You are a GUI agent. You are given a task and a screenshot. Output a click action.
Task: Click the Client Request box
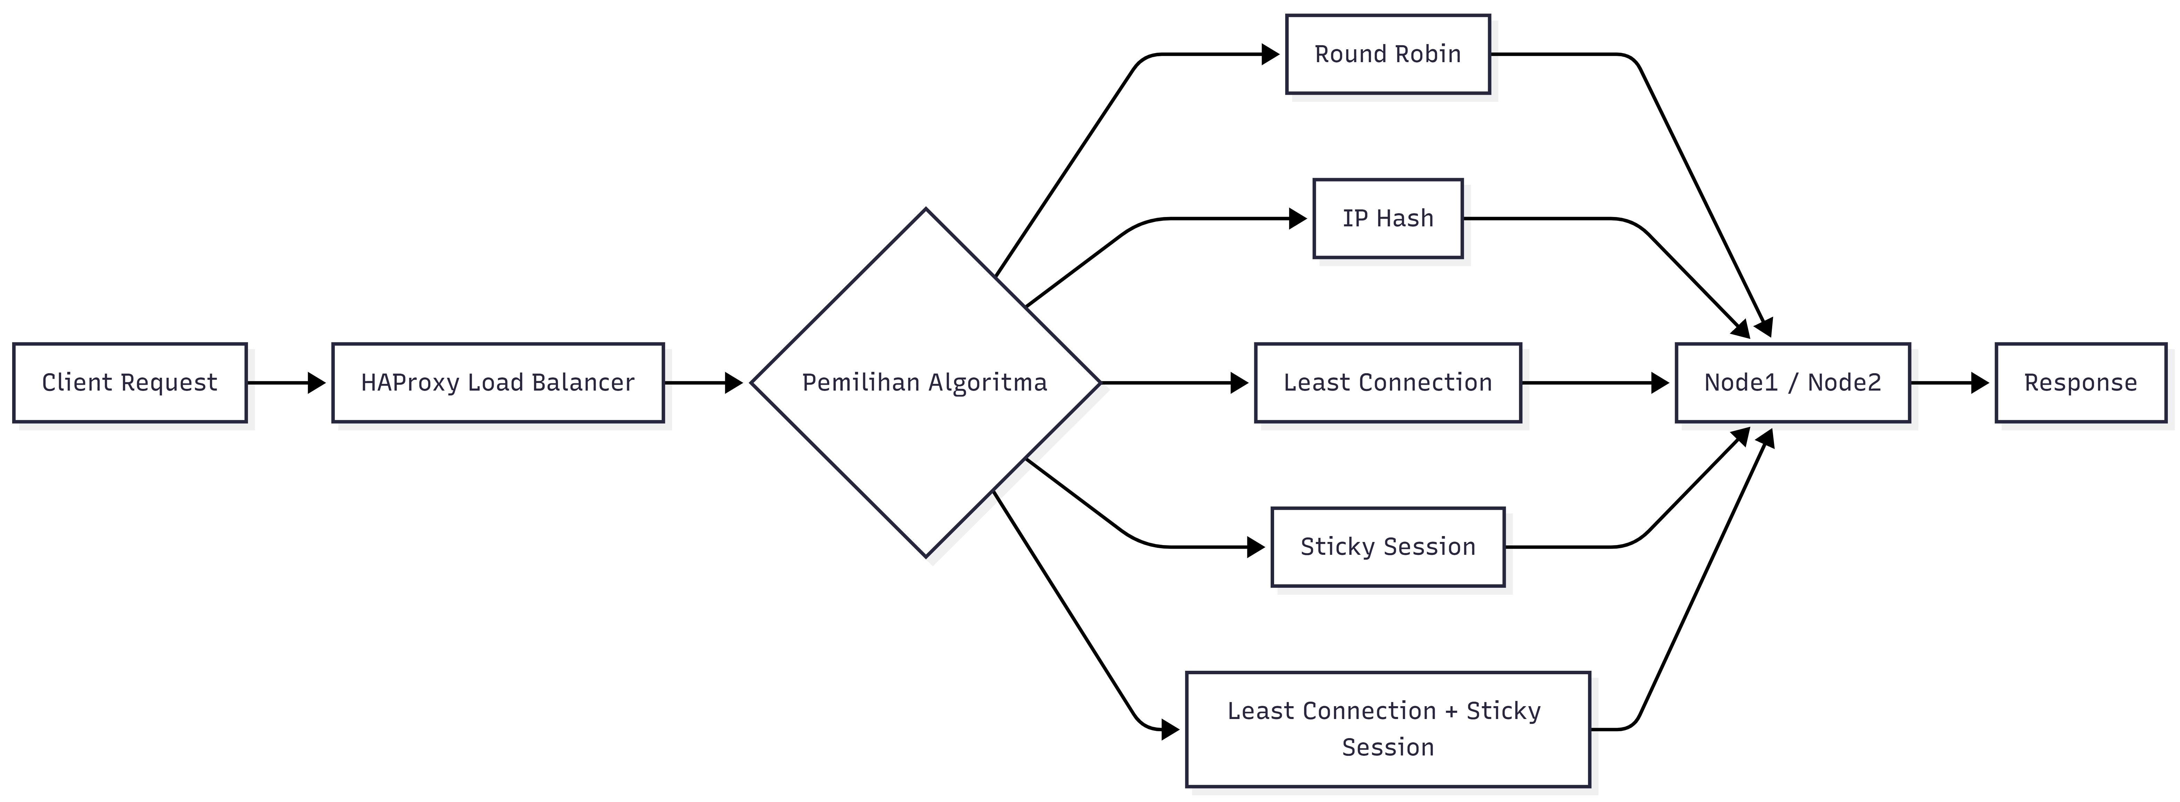(130, 382)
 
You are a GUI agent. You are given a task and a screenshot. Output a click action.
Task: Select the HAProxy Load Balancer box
(498, 382)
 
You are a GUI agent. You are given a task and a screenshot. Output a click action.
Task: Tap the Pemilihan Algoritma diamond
(926, 382)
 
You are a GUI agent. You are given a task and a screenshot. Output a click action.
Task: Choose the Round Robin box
(1388, 54)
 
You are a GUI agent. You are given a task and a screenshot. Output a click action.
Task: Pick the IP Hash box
(1388, 218)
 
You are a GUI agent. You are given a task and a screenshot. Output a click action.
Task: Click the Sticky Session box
(1388, 546)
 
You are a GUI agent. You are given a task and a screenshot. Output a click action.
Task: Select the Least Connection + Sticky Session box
(1388, 729)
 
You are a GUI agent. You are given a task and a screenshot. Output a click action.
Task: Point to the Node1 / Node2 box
(1792, 382)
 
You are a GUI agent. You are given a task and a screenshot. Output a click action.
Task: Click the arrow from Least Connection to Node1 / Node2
(1595, 382)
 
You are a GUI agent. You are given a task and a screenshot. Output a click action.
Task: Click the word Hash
(1406, 218)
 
